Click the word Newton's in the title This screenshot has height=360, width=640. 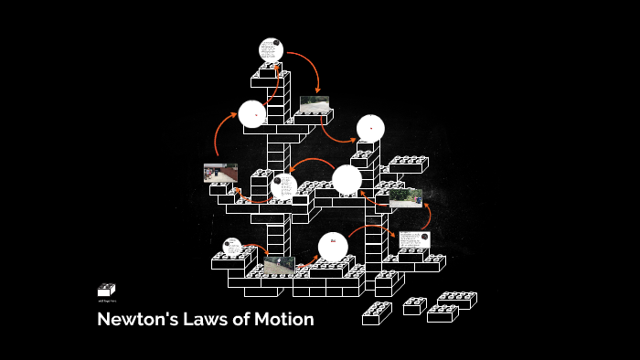coord(134,321)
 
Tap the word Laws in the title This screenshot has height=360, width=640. coord(201,321)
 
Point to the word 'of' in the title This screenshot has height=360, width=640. coord(240,321)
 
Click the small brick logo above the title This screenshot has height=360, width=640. coord(106,290)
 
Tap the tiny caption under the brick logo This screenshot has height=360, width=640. coord(106,301)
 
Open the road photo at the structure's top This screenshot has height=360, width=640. coord(315,104)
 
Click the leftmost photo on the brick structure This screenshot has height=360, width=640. coord(220,173)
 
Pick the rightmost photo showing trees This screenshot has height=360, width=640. coord(405,197)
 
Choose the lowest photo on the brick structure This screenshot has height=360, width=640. coord(279,266)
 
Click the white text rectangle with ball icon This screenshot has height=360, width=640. coord(414,239)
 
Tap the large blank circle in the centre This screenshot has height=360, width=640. coord(347,179)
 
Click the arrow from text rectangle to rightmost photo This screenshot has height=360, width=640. coord(426,217)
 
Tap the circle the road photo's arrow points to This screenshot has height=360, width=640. coord(370,128)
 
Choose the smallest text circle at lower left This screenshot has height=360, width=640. coord(231,246)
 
